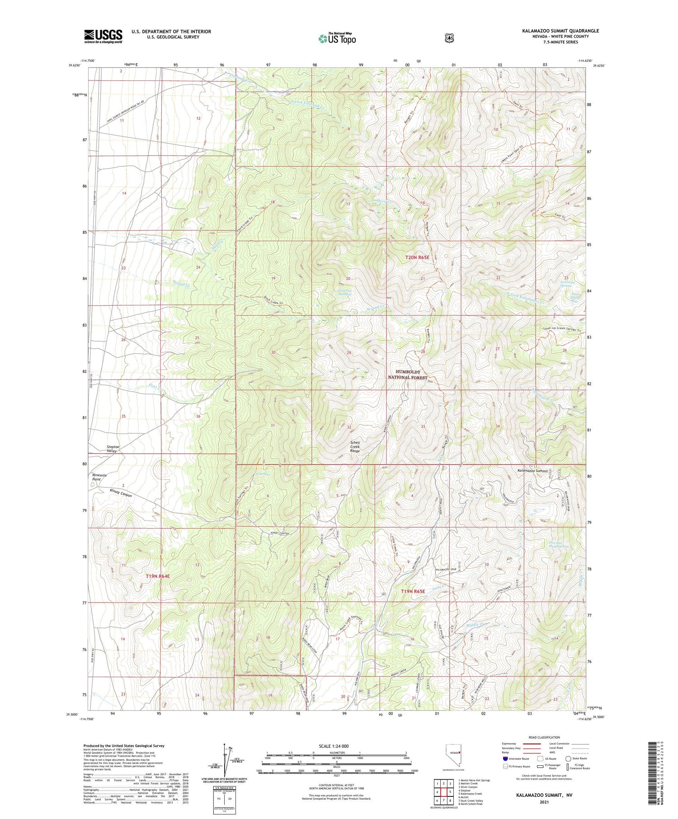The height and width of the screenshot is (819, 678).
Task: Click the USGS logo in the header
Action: pos(103,36)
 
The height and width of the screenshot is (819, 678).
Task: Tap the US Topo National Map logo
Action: pos(337,38)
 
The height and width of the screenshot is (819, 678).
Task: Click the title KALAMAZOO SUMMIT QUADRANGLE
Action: pos(560,31)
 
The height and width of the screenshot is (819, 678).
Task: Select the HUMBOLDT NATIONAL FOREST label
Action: pos(408,374)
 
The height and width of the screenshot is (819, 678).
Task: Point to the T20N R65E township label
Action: pos(417,257)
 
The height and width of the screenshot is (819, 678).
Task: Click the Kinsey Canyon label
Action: pos(121,492)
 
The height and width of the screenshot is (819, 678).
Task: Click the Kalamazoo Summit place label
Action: pos(532,471)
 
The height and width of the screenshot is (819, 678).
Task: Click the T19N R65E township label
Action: pos(413,591)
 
